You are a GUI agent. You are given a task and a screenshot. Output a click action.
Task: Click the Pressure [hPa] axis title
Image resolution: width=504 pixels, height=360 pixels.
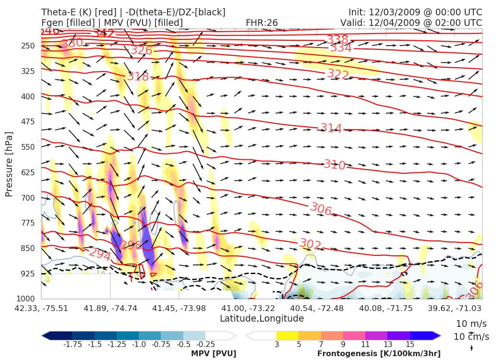pos(9,164)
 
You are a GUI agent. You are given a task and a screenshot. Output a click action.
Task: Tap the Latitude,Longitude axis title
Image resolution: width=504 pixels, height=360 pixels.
pos(262,318)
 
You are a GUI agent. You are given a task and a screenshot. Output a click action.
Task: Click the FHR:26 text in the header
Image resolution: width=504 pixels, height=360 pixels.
pos(262,23)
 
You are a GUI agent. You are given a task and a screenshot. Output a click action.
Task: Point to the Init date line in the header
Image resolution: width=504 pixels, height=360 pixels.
pos(415,12)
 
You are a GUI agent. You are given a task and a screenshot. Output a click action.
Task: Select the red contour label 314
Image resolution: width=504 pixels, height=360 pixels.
pos(331,128)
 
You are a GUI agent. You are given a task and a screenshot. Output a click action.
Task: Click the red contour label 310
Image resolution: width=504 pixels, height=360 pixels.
pos(335,165)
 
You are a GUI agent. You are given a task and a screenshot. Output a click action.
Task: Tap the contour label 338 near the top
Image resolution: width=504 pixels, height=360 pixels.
pos(337,39)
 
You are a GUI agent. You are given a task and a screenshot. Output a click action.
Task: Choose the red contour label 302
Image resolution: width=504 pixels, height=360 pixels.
pos(310,244)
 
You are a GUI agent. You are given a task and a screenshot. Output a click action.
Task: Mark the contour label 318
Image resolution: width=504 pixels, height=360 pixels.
pos(138,76)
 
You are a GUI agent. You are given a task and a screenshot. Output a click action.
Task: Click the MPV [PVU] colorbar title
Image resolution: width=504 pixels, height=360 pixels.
pos(214,354)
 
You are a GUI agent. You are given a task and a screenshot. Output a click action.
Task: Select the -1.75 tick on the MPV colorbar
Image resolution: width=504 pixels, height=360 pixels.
pos(72,344)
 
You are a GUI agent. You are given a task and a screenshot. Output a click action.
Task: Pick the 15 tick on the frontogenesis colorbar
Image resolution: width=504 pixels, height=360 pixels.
pos(410,344)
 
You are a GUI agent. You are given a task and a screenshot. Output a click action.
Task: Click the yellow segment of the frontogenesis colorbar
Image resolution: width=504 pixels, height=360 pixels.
pos(287,336)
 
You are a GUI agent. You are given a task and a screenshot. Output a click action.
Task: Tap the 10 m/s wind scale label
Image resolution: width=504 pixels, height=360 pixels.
pos(471,323)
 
